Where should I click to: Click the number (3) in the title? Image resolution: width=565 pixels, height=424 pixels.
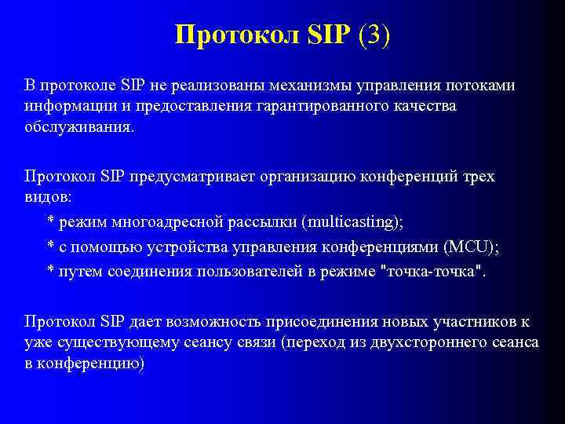[373, 35]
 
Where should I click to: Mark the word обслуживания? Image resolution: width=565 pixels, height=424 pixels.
[79, 127]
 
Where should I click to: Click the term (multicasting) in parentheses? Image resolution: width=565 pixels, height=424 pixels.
[352, 222]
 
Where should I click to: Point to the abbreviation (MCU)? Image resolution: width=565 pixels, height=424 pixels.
[471, 247]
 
